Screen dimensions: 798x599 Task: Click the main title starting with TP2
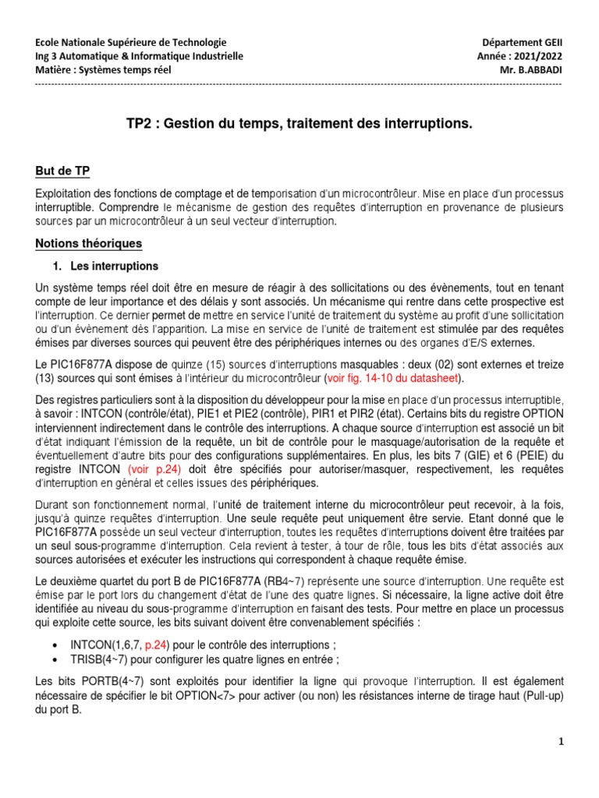pos(299,124)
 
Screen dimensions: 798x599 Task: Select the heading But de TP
pos(67,171)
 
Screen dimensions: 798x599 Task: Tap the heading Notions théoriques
pos(89,244)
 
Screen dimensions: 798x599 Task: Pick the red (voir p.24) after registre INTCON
pos(153,470)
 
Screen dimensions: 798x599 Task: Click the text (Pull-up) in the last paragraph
pos(538,695)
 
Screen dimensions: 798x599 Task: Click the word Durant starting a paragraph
pos(53,507)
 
